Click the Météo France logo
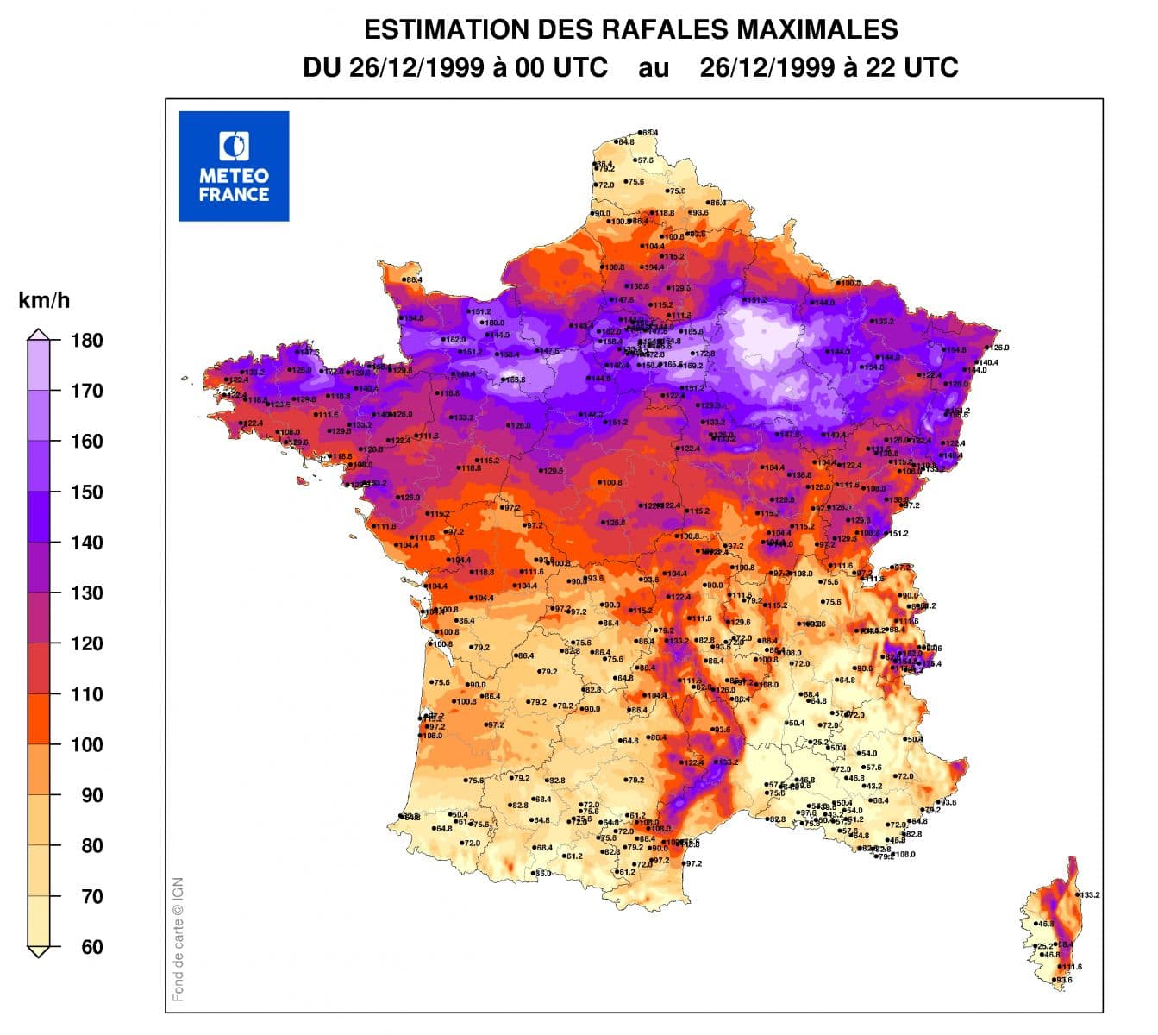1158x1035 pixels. (234, 166)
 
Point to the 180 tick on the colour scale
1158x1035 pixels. (86, 341)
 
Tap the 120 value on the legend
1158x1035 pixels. (86, 643)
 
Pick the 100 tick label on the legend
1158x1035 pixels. (86, 745)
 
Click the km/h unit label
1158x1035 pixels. (44, 301)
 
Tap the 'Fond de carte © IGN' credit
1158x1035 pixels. (178, 939)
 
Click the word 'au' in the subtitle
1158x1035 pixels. (654, 68)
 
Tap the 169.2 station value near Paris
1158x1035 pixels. (692, 366)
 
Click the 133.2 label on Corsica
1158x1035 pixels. (1090, 895)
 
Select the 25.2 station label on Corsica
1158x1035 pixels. (1044, 946)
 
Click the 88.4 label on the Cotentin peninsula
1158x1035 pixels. (413, 279)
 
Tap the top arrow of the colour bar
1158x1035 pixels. (39, 335)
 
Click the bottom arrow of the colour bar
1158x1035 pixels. (39, 951)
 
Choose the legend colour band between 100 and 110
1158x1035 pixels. (39, 719)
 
